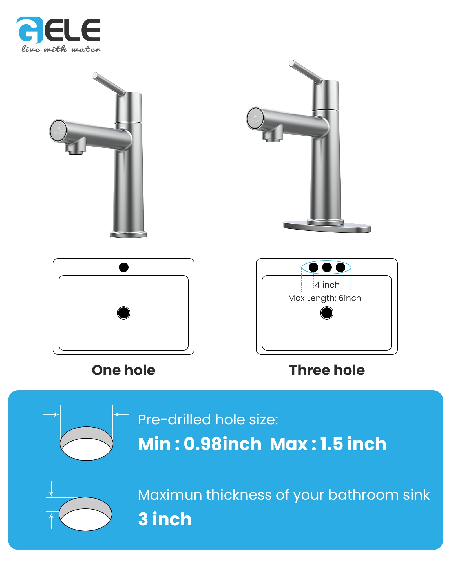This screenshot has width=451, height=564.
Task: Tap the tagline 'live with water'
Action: point(61,49)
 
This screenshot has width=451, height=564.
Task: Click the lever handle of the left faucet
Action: point(109,84)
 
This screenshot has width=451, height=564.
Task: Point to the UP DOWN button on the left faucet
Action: point(58,131)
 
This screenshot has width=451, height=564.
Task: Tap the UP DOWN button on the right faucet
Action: point(255,119)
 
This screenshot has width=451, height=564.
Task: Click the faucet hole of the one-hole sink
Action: point(124,267)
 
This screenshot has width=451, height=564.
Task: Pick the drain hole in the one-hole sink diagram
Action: point(123,313)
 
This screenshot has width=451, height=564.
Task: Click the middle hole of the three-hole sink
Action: point(327,267)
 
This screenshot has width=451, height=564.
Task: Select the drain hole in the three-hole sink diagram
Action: point(327,313)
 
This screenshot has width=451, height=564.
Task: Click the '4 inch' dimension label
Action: point(327,285)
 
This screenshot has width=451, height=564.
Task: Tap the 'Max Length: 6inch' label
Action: point(324,298)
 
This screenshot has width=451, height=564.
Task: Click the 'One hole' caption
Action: point(123,370)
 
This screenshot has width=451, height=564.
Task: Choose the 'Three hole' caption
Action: point(327,370)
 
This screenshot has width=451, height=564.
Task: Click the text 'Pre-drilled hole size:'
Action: point(208,420)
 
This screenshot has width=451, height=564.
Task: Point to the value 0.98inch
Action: point(223,444)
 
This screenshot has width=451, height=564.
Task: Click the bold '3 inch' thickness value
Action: point(165,519)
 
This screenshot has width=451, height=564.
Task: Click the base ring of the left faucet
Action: point(129,234)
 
